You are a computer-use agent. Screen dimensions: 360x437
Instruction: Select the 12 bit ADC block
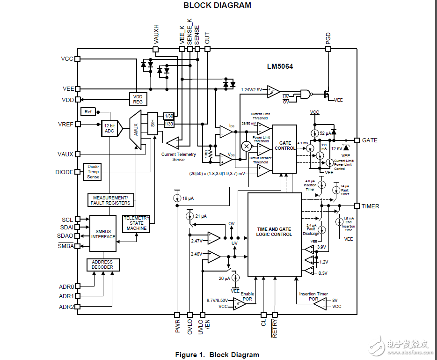click(x=109, y=128)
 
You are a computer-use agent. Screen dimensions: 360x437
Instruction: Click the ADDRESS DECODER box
click(x=102, y=265)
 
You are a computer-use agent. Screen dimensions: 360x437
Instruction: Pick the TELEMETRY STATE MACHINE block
click(x=136, y=223)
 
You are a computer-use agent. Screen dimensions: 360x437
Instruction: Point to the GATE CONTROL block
click(x=284, y=146)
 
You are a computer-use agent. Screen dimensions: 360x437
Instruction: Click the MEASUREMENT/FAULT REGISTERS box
click(x=111, y=200)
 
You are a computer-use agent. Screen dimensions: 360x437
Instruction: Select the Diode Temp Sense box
click(x=93, y=172)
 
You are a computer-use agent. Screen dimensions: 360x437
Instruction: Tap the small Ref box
click(x=88, y=111)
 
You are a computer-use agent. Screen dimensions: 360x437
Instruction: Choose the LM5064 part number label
click(x=280, y=66)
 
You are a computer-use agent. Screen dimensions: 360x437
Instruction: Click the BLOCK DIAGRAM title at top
click(x=217, y=6)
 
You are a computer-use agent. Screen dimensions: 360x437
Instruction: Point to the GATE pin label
click(x=370, y=140)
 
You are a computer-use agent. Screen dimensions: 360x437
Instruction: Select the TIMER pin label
click(x=371, y=206)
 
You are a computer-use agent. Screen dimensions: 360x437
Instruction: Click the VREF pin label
click(x=66, y=125)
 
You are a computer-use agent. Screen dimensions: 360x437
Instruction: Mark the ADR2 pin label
click(x=66, y=307)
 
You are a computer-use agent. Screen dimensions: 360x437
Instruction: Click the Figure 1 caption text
click(x=217, y=354)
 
